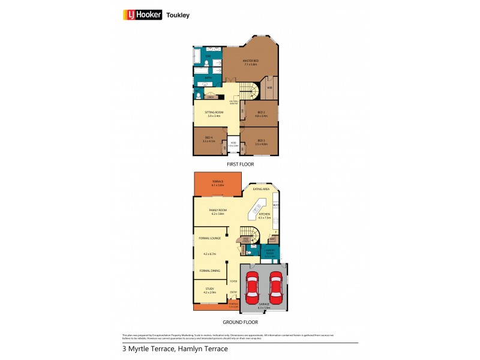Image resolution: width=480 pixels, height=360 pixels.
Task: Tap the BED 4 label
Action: [208, 139]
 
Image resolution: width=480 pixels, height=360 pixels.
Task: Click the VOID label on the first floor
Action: [233, 143]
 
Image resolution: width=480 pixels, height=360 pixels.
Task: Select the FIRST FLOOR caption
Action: [240, 164]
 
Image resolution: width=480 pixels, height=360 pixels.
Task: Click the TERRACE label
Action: [217, 182]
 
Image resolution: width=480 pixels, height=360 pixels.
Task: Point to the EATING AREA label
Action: [261, 189]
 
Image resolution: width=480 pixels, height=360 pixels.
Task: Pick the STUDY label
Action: [209, 289]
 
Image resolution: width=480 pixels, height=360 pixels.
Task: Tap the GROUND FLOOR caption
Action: [240, 322]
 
